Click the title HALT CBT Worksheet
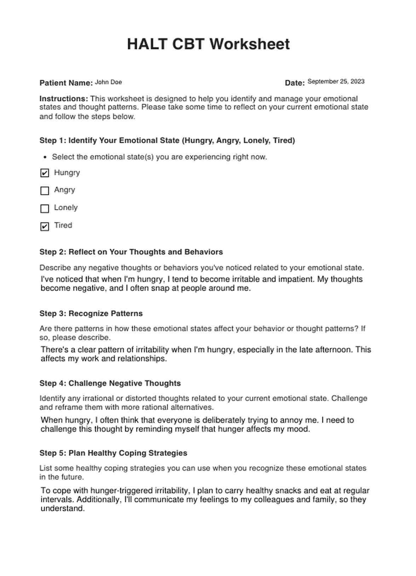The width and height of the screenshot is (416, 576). [x=208, y=45]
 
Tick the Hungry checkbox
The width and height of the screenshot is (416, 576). [x=45, y=173]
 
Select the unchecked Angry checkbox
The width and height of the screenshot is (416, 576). [x=45, y=191]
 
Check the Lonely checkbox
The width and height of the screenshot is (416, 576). [x=45, y=208]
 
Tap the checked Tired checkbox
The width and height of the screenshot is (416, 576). [x=45, y=227]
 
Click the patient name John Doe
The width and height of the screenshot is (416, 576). [x=108, y=82]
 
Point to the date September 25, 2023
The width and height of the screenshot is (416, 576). [x=336, y=82]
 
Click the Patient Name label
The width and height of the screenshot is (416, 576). [x=66, y=83]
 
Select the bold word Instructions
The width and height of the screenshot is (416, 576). [x=64, y=99]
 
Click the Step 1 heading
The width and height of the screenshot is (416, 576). [x=167, y=141]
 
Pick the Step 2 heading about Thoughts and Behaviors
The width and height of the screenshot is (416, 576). [x=131, y=252]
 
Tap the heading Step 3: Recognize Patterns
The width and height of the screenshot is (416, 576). [x=91, y=313]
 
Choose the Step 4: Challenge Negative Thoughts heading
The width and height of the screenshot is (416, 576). [x=110, y=383]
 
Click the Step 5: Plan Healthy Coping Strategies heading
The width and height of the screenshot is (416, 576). [x=113, y=453]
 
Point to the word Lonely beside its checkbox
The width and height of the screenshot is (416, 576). [x=66, y=208]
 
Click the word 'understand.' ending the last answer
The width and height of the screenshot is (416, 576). [x=63, y=509]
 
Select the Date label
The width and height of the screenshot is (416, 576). [x=294, y=83]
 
